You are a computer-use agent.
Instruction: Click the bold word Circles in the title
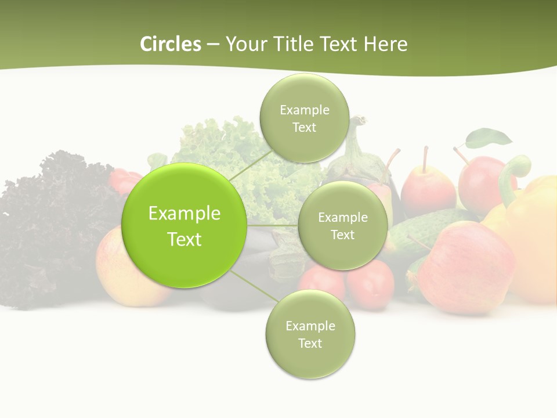[x=171, y=44]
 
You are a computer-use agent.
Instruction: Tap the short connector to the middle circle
[x=273, y=225]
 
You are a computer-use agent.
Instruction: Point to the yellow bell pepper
[x=531, y=232]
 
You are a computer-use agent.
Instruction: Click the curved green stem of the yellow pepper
[x=513, y=174]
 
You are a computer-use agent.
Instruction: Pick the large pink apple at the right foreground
[x=464, y=267]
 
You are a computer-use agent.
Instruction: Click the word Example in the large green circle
[x=185, y=213]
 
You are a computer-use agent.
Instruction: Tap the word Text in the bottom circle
[x=310, y=343]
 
